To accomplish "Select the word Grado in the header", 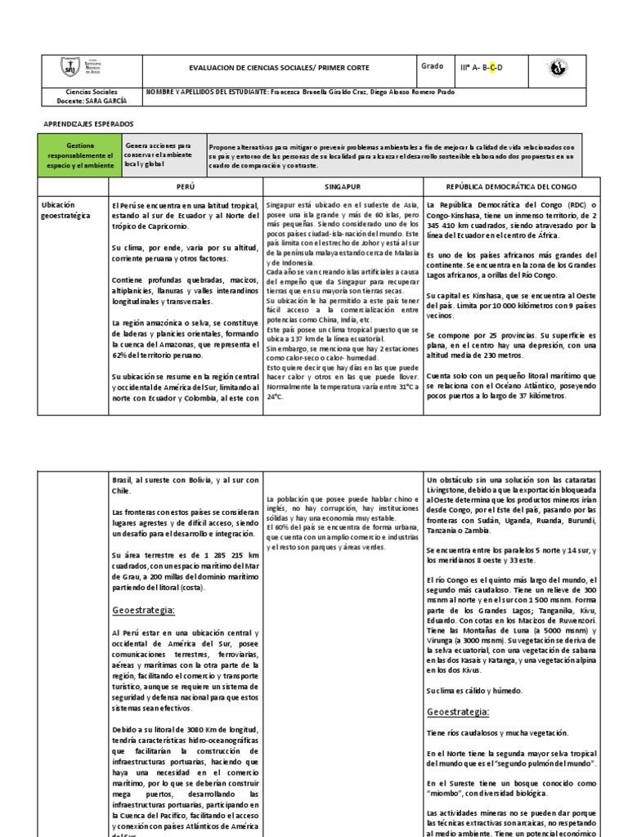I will pos(432,66).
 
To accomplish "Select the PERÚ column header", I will pos(185,186).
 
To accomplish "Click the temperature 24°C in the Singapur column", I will pos(273,396).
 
